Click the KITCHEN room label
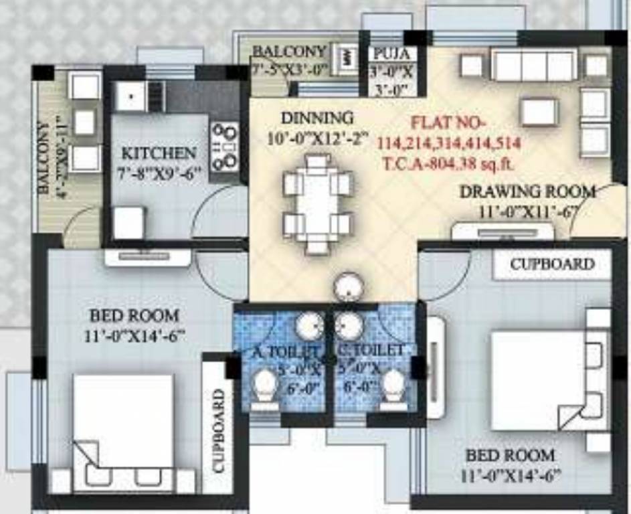pyautogui.click(x=159, y=153)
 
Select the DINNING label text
pyautogui.click(x=317, y=118)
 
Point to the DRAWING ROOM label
pyautogui.click(x=527, y=191)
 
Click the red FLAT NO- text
pyautogui.click(x=448, y=123)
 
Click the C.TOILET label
pyautogui.click(x=371, y=349)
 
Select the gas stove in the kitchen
pyautogui.click(x=225, y=145)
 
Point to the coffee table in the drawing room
pyautogui.click(x=539, y=111)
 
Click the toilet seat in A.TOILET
pyautogui.click(x=266, y=386)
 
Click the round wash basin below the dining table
pyautogui.click(x=347, y=287)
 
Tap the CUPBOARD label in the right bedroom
pyautogui.click(x=552, y=264)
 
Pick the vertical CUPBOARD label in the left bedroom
pyautogui.click(x=219, y=431)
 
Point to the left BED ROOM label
pyautogui.click(x=134, y=315)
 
